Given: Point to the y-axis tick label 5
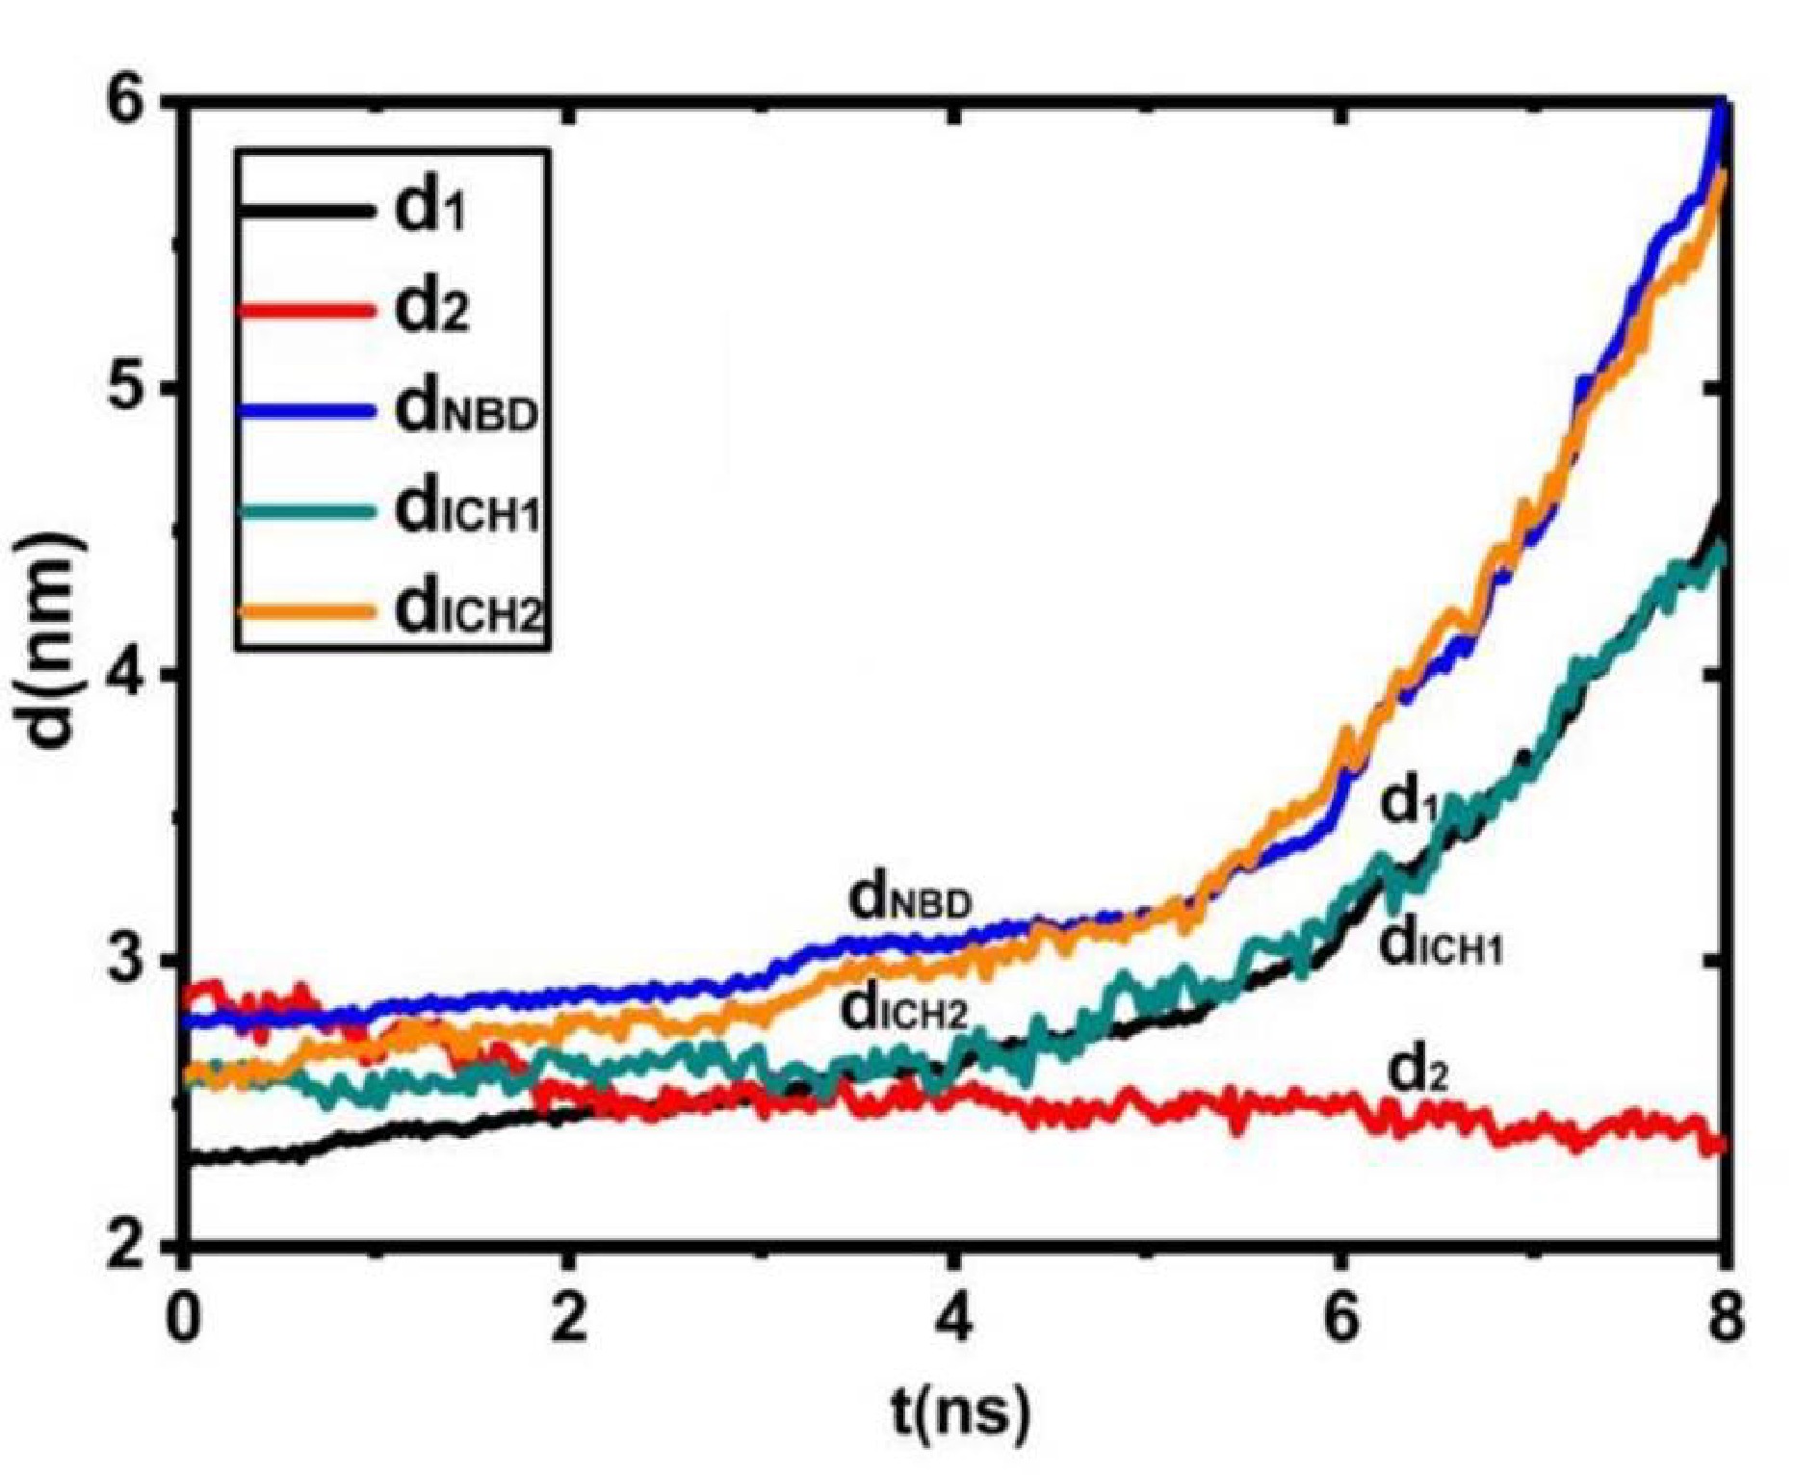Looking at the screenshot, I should click(x=132, y=387).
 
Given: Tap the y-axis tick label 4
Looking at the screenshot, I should click(x=132, y=673).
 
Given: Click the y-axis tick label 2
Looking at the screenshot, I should click(x=132, y=1247).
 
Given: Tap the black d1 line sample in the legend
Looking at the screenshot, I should click(x=303, y=208).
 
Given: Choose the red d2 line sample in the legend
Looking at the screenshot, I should click(x=303, y=310).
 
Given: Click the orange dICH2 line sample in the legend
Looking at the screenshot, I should click(x=303, y=612).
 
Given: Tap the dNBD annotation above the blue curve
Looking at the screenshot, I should click(x=909, y=899).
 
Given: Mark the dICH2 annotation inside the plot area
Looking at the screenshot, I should click(x=903, y=1010).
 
